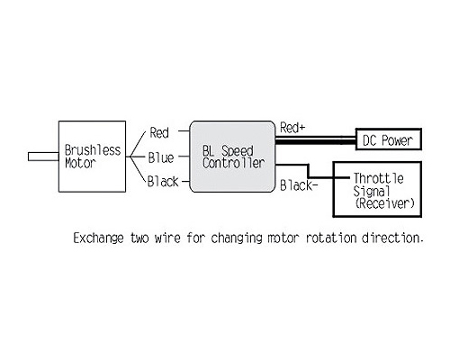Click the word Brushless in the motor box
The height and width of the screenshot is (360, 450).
(93, 150)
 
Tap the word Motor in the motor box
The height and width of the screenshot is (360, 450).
(80, 163)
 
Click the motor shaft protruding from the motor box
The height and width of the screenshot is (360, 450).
(43, 157)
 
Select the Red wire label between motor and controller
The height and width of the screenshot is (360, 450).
(159, 132)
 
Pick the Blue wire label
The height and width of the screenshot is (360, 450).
(161, 157)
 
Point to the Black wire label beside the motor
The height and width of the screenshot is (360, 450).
(163, 182)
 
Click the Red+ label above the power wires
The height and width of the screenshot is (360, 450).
(292, 128)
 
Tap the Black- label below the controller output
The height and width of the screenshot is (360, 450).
(299, 185)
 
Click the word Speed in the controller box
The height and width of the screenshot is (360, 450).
(238, 151)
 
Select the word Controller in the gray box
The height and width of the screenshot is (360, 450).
(233, 163)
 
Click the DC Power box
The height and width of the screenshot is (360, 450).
(389, 139)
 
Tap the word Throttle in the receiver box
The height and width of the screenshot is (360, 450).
(378, 178)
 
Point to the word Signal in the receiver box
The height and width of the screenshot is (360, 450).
(372, 191)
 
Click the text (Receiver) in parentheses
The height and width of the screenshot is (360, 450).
(384, 203)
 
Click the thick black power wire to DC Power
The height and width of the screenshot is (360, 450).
(315, 141)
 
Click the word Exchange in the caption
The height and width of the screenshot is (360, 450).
(98, 238)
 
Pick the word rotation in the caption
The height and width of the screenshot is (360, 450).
(331, 238)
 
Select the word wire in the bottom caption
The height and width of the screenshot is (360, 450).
(167, 238)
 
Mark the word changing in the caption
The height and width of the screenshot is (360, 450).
(237, 238)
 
